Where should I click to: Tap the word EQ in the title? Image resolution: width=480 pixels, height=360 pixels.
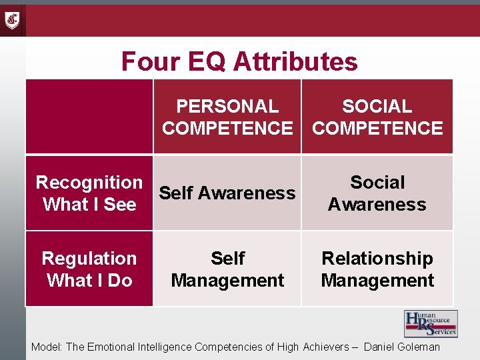[x=204, y=62]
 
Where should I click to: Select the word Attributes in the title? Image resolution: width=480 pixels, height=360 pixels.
[x=296, y=62]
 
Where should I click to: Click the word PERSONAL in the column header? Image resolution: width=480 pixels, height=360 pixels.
[x=227, y=106]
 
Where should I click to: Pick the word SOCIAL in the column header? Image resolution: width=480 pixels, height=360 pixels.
[x=377, y=106]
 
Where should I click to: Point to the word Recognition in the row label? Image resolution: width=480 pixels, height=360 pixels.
[x=89, y=182]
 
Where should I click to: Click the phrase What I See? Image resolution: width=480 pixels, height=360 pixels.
[x=89, y=205]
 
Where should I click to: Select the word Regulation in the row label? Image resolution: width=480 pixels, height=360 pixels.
[x=89, y=258]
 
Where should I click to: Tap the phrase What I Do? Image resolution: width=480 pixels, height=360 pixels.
[x=89, y=281]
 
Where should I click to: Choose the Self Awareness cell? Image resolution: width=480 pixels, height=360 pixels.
[x=227, y=193]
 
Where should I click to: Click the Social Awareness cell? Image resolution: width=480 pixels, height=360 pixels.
[x=377, y=193]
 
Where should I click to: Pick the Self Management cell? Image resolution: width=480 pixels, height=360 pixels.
[x=227, y=269]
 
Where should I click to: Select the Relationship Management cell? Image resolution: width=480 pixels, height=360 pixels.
[x=377, y=269]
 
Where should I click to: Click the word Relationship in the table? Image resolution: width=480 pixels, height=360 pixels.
[x=377, y=258]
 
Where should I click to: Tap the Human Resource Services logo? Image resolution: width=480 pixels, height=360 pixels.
[x=431, y=324]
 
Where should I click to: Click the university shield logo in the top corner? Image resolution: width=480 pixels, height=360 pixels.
[x=13, y=20]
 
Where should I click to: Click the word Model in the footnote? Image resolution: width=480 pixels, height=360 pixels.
[x=45, y=347]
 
